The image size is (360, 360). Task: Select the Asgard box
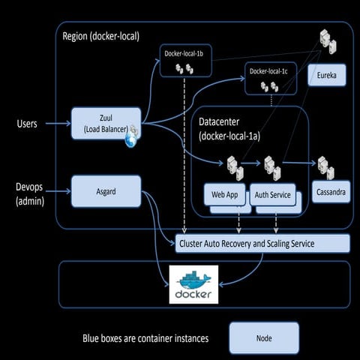[x=105, y=191]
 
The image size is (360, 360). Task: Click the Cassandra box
[x=330, y=192]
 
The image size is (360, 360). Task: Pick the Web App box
[x=225, y=194]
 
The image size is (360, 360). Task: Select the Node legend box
[x=263, y=338]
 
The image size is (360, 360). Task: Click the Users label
[x=26, y=124]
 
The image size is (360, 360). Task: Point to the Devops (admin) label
[x=27, y=193]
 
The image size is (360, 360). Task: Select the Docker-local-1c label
[x=268, y=71]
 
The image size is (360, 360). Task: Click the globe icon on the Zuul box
[x=132, y=139]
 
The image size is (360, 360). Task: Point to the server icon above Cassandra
[x=324, y=166]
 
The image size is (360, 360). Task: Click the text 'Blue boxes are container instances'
[x=145, y=339]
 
